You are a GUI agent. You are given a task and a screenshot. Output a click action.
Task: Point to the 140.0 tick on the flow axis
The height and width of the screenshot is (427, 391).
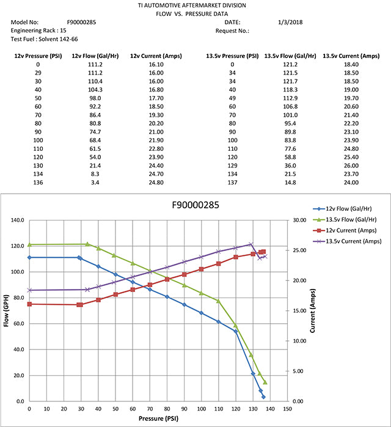click(x=16, y=221)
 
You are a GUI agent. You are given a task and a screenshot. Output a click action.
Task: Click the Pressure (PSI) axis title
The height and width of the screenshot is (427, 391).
click(x=158, y=419)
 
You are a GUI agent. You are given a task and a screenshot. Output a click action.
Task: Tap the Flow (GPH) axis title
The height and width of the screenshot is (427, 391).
click(x=7, y=310)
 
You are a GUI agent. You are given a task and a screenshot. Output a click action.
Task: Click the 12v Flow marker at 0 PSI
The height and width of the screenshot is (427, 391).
click(x=29, y=257)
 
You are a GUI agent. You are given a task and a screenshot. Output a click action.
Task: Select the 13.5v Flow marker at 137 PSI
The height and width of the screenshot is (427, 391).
click(x=265, y=382)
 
